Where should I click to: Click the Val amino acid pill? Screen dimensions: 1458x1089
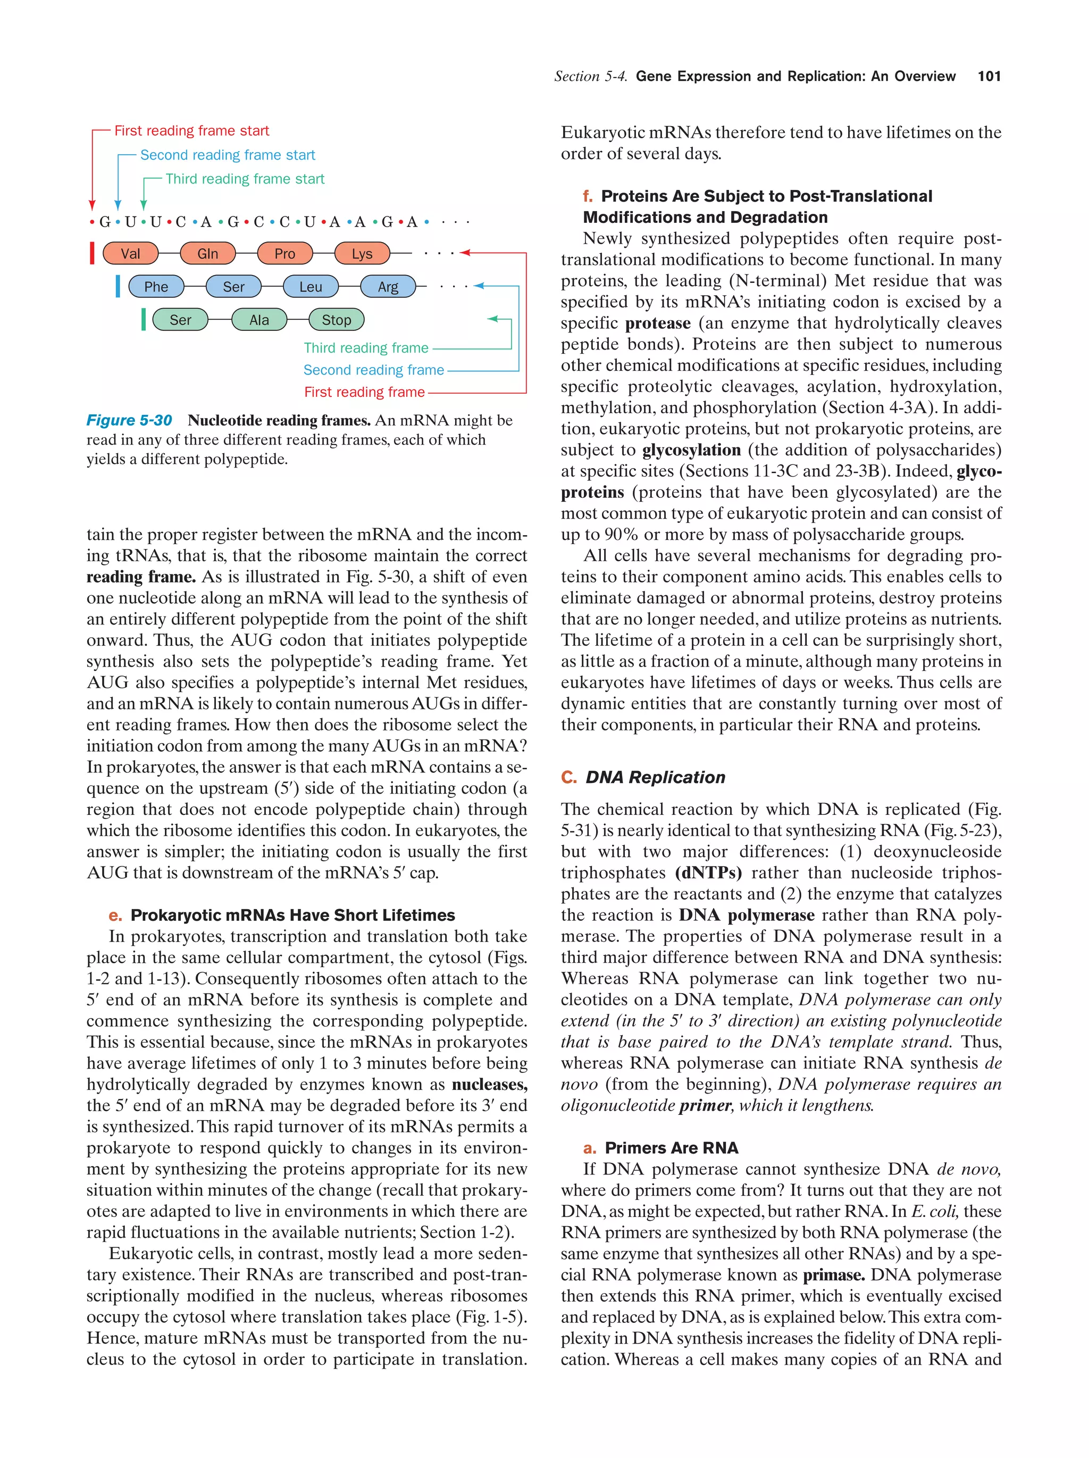coord(130,253)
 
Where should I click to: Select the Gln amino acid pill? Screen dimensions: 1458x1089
coord(207,253)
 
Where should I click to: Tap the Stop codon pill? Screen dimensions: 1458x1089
coord(336,320)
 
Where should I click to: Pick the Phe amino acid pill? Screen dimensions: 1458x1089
coord(156,287)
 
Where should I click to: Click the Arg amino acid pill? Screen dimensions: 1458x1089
coord(388,287)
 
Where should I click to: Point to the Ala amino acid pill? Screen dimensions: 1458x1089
coord(259,320)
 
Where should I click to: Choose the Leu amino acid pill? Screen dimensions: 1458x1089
coord(311,287)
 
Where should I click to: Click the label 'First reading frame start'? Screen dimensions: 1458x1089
coord(192,130)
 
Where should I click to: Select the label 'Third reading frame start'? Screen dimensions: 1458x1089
coord(245,179)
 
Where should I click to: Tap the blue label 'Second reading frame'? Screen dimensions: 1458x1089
coord(373,370)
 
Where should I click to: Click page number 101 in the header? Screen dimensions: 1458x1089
coord(989,77)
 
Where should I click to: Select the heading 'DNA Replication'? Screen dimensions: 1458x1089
coord(655,777)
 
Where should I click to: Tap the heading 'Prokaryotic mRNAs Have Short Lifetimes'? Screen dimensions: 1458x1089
coord(292,915)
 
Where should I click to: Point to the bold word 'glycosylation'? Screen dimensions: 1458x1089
coord(691,450)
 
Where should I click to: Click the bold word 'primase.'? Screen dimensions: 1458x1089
coord(833,1275)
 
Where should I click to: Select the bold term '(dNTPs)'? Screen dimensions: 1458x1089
coord(708,873)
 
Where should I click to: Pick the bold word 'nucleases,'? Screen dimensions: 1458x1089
coord(489,1084)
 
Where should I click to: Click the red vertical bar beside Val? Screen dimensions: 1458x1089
coord(92,253)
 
